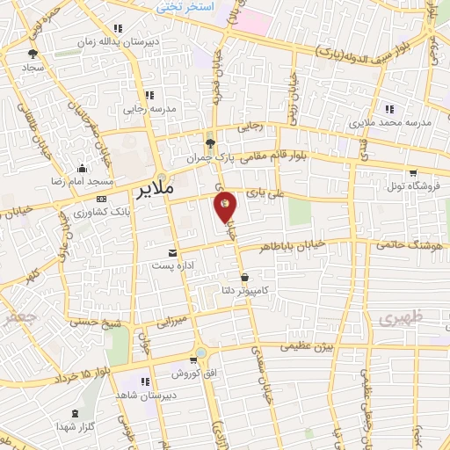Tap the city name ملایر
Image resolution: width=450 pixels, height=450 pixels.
[170, 189]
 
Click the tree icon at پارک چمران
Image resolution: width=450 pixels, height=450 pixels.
[209, 143]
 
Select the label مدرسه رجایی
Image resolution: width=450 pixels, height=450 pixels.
[147, 109]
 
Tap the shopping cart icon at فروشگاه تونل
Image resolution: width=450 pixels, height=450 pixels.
[412, 173]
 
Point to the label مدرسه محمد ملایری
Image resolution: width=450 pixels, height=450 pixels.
[391, 122]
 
